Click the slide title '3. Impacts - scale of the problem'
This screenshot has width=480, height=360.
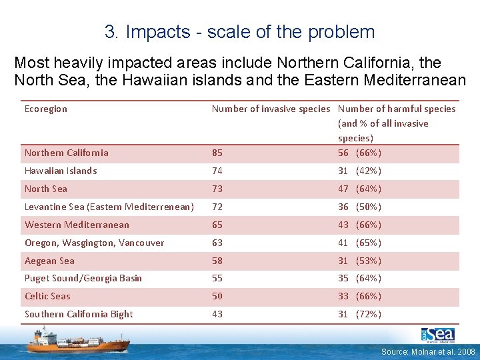tap(239, 31)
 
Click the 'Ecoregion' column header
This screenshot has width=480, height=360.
tap(46, 109)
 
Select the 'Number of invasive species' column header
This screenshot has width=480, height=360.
tap(271, 109)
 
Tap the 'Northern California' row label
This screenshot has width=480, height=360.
tap(67, 153)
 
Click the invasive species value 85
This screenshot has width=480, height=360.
tap(217, 153)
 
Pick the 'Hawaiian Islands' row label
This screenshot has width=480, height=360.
tap(61, 171)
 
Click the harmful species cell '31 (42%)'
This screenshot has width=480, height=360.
tap(359, 171)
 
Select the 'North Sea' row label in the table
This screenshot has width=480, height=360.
tap(46, 189)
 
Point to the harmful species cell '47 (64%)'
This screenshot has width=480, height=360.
tap(359, 189)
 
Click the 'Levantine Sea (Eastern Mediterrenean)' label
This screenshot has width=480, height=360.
tap(109, 207)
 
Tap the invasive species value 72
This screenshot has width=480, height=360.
tap(217, 207)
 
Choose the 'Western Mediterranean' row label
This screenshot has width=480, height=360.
tap(77, 225)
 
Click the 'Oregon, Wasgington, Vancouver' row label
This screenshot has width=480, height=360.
tap(94, 243)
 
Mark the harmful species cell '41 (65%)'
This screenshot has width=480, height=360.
tap(359, 243)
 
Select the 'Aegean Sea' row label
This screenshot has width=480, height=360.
tap(49, 261)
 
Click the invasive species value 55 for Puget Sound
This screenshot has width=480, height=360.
tap(217, 278)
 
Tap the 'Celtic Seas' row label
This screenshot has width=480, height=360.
tap(47, 296)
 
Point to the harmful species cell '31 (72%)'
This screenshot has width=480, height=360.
tap(359, 314)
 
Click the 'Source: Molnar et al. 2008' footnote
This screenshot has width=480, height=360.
tap(428, 351)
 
